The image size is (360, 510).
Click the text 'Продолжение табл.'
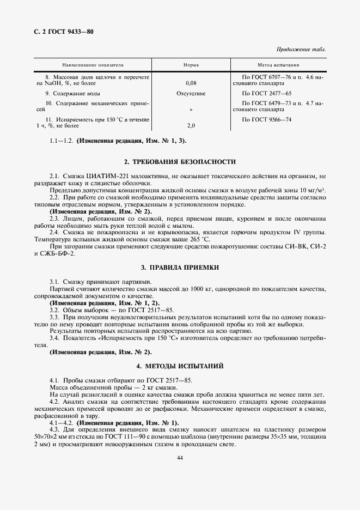[x=301, y=49]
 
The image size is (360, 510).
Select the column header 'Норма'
[x=191, y=65]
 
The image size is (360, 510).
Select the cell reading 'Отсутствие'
[x=191, y=94]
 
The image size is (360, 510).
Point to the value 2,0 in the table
[x=191, y=126]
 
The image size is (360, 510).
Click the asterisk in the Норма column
[x=191, y=110]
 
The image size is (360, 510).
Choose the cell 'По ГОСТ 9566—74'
[x=267, y=119]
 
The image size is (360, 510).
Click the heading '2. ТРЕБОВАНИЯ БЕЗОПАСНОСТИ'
[x=180, y=162]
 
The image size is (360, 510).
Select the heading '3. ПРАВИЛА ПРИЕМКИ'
[x=180, y=268]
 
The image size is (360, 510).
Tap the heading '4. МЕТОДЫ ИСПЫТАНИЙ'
[x=180, y=365]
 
